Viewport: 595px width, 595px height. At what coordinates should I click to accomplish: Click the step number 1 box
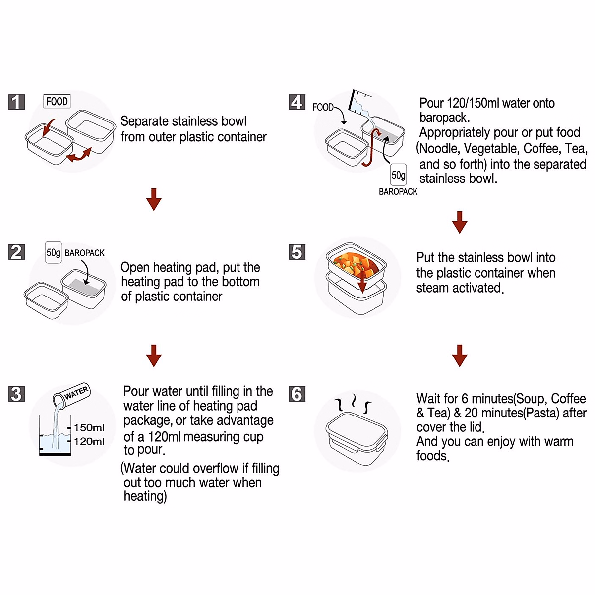coord(17,102)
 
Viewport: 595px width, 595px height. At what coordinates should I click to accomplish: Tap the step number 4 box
coord(297,102)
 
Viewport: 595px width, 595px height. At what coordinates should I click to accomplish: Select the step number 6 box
coord(297,394)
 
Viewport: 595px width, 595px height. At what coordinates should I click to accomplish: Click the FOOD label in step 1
coord(57,101)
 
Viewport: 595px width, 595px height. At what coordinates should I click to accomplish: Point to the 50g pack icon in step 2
coord(54,252)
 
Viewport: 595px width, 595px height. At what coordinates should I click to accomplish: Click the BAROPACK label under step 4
coord(398,192)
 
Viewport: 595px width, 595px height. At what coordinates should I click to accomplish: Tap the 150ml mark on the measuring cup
coord(89,427)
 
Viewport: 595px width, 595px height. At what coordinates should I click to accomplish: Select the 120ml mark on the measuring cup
coord(89,441)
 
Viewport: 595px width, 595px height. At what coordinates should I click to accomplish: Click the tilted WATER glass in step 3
coord(72,396)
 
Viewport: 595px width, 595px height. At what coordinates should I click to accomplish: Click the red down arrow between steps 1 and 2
coord(154,199)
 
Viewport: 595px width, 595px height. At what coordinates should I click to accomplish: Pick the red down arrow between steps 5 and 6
coord(460,356)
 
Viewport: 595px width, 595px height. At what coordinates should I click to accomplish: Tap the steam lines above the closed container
coord(353,404)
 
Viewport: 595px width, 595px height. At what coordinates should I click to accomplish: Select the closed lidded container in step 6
coord(357,431)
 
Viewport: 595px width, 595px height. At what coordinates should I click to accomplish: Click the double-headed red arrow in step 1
coord(79,155)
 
